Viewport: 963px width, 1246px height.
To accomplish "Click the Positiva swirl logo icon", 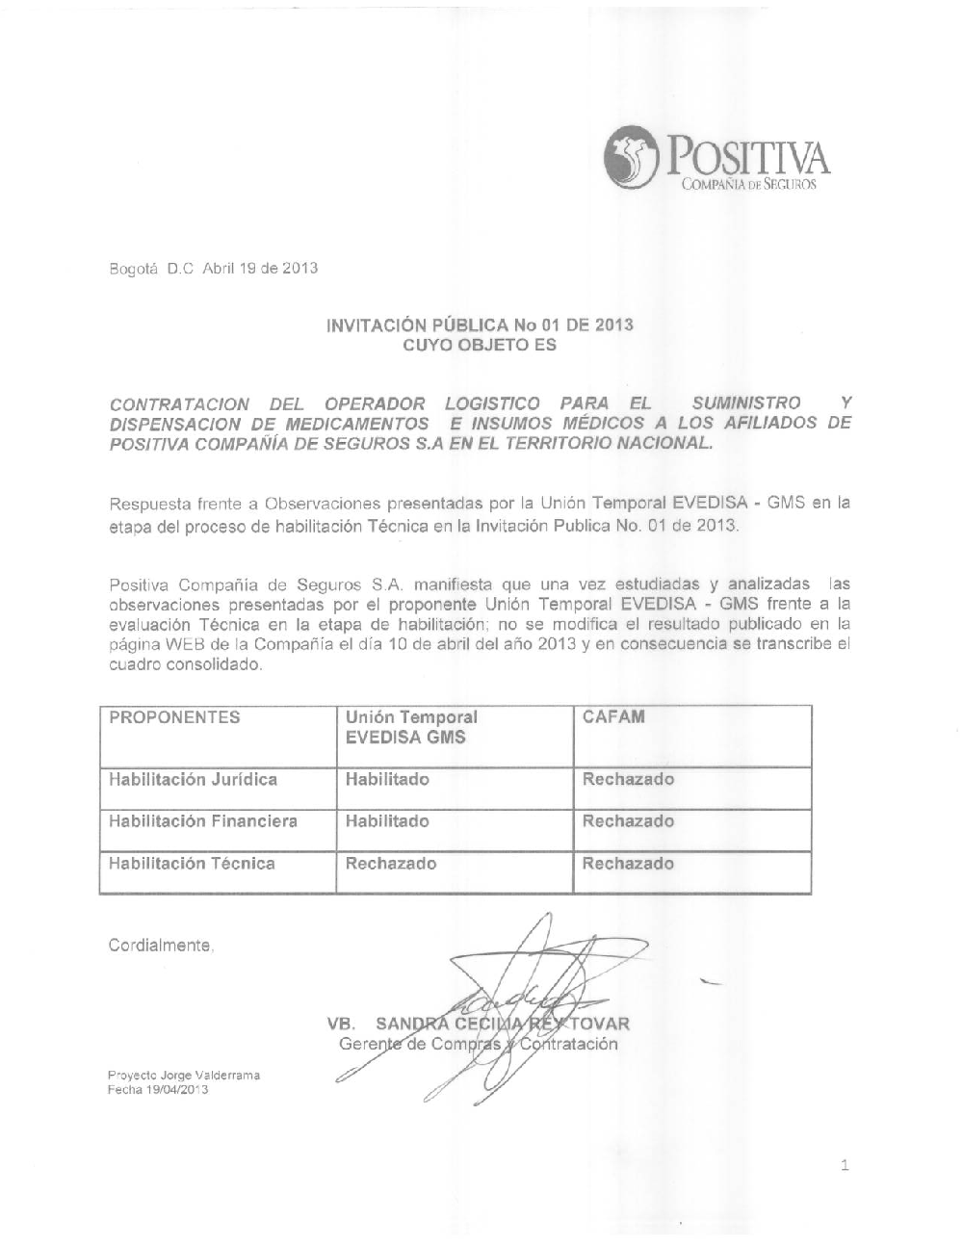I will pos(630,160).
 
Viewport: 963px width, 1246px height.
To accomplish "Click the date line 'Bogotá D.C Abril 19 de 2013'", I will pos(213,268).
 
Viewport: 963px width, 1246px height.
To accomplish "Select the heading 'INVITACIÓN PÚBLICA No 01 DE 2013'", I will pos(480,324).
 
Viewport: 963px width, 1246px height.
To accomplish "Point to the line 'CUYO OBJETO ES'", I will pos(479,345).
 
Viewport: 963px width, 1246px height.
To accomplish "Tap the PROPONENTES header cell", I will pos(174,717).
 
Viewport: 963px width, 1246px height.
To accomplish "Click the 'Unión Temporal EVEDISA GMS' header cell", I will pos(411,728).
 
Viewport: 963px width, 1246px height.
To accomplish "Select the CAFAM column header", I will pos(613,717).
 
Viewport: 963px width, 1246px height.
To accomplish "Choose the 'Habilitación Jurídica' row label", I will pos(193,779).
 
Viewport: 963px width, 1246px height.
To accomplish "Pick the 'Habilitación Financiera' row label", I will pos(202,821).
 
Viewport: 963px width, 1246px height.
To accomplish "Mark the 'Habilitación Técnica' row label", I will pos(192,864).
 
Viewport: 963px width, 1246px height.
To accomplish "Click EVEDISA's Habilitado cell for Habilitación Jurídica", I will pos(387,779).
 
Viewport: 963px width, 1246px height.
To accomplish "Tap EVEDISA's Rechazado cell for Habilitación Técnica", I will pos(391,864).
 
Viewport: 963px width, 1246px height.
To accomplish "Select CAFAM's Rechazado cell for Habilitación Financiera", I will pos(628,821).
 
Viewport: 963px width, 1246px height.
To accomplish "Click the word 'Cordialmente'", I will pos(160,946).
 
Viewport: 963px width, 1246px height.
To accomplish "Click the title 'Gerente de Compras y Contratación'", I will pos(478,1044).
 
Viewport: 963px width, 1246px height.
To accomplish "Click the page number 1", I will pos(845,1167).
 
